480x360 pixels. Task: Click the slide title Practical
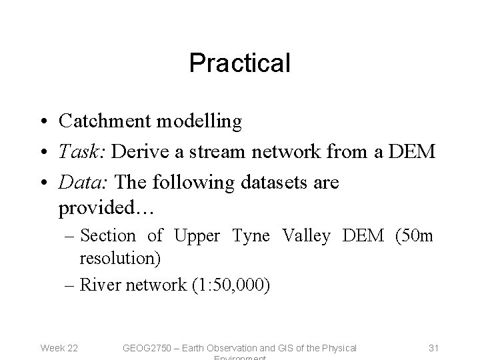239,63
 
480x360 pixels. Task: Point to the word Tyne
251,236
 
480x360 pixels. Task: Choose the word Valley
306,236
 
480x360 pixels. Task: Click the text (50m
413,236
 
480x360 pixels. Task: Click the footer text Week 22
59,348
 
